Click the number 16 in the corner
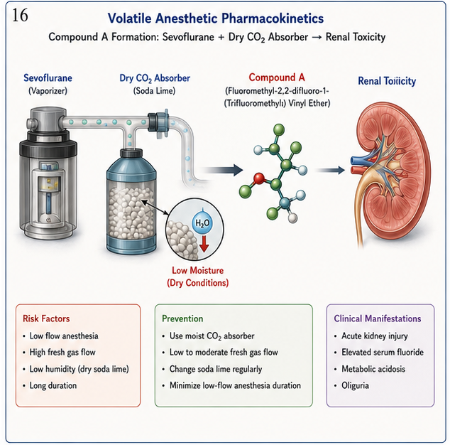coord(20,15)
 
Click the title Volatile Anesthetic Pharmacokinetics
coord(216,18)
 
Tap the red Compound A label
coord(277,77)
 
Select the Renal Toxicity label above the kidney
coord(387,81)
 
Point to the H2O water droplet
coord(202,222)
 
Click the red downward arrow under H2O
coord(204,243)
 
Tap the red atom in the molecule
coord(259,178)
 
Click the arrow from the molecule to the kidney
coord(330,170)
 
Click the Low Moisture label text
coord(198,271)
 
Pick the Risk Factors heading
coord(46,318)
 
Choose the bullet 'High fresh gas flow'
coord(62,353)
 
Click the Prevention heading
coord(182,318)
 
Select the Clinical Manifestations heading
coord(378,318)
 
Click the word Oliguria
coord(355,385)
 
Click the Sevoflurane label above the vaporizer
coord(48,78)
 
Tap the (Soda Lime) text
coord(154,91)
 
